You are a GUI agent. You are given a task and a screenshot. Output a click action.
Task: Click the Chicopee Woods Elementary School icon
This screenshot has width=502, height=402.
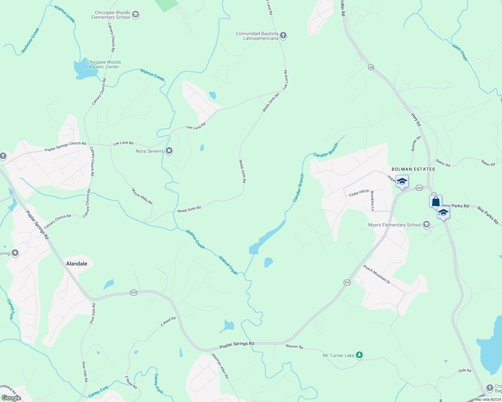click(136, 15)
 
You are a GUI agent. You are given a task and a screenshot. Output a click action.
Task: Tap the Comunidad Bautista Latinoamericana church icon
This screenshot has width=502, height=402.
click(283, 36)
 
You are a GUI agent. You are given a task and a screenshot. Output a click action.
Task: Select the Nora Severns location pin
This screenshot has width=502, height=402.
click(169, 151)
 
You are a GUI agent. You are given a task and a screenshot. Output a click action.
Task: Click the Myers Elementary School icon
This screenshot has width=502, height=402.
click(426, 224)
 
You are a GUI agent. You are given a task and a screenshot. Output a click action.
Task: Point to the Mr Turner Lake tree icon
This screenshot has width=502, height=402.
click(359, 355)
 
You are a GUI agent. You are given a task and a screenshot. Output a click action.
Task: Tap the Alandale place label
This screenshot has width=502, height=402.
click(77, 264)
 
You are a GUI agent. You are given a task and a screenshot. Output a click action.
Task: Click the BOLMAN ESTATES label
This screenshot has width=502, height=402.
click(413, 169)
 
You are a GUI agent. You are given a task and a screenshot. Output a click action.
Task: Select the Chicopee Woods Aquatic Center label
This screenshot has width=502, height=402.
click(104, 64)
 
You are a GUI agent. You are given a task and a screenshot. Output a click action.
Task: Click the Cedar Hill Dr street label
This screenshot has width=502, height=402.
click(359, 193)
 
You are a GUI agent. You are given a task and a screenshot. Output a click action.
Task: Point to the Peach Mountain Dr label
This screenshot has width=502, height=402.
click(377, 274)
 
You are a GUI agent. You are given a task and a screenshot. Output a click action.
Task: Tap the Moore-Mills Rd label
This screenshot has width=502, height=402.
click(142, 196)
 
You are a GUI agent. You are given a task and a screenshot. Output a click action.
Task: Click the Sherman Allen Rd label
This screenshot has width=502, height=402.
click(220, 366)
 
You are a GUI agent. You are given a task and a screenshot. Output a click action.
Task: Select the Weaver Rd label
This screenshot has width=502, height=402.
click(294, 346)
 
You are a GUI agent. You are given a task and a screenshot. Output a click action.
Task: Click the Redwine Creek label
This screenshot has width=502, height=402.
click(30, 41)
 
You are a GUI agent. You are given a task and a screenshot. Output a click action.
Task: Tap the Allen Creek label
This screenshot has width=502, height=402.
click(460, 53)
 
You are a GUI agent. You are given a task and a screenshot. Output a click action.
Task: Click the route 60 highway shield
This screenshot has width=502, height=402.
click(371, 67)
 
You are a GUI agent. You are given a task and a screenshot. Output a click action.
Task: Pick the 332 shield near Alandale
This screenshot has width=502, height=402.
click(134, 293)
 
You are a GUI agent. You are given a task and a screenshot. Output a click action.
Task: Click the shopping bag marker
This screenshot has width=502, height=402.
click(436, 201)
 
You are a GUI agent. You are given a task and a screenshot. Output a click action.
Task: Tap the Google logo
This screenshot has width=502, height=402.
click(11, 398)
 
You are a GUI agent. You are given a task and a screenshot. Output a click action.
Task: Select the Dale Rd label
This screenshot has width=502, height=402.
click(465, 371)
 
